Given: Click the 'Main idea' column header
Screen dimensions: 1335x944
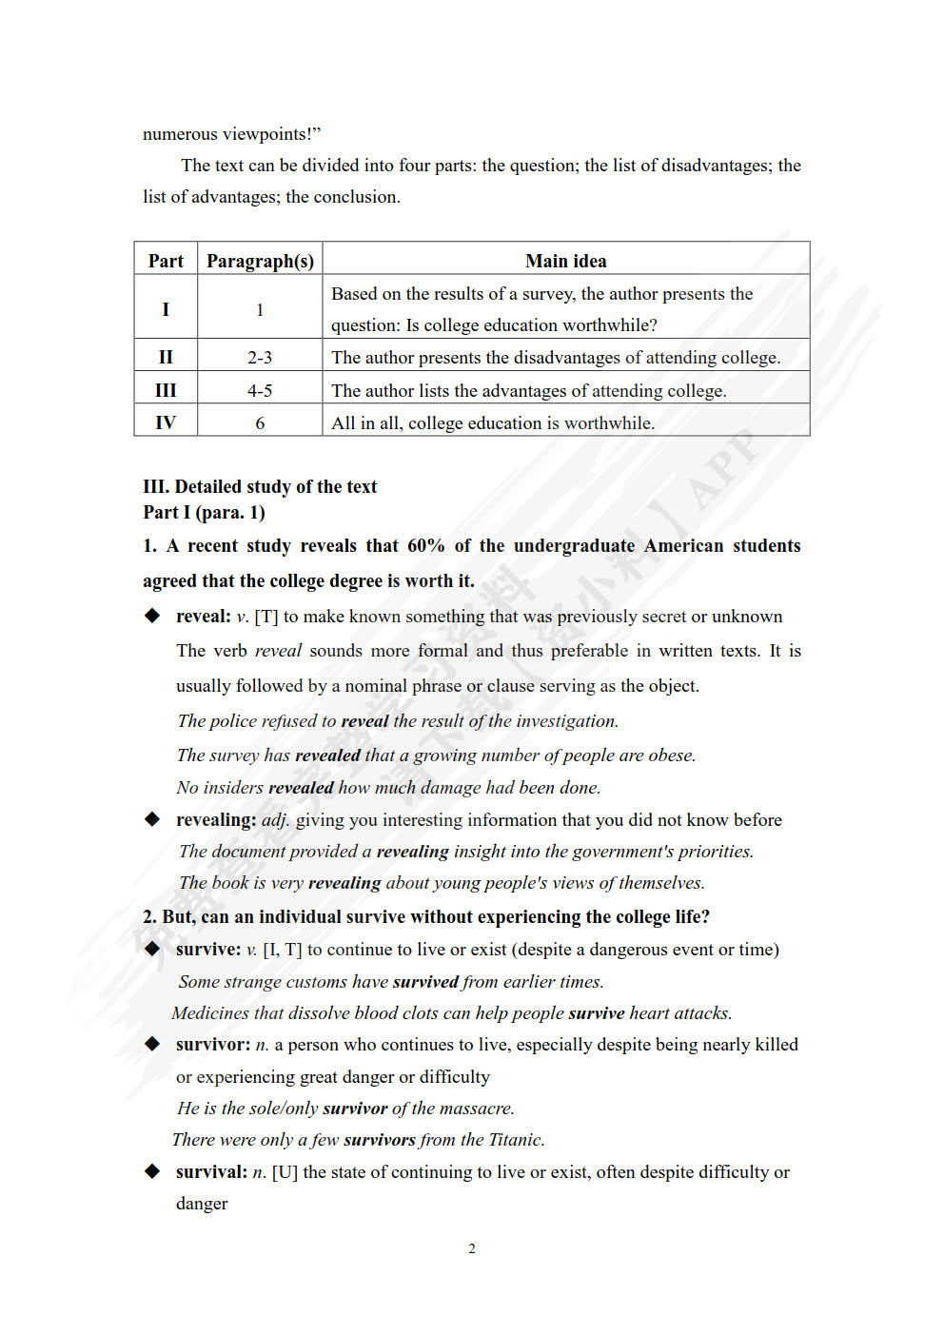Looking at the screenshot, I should click(565, 261).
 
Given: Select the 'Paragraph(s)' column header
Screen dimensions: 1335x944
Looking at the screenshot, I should click(260, 261).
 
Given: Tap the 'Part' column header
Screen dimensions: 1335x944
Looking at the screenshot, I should click(166, 261).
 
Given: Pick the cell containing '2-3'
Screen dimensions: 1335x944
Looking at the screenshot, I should click(260, 357).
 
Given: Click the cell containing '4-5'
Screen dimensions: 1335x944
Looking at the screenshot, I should click(260, 390).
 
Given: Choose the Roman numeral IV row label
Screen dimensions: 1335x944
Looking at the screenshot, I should click(166, 422).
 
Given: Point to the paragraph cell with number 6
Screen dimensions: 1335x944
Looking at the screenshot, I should click(260, 422).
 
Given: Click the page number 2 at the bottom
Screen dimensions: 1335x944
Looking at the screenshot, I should click(472, 1248).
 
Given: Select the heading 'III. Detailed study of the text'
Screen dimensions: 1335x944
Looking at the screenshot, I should click(260, 486).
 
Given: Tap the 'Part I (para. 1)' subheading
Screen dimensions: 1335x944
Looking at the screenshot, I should click(204, 512).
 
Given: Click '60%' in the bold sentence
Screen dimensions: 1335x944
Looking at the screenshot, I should click(425, 545).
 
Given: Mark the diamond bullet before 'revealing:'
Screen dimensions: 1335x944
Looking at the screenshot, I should click(152, 819).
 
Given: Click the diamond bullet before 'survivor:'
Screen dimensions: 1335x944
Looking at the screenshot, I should click(152, 1044).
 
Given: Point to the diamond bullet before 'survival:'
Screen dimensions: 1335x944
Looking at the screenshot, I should click(152, 1171).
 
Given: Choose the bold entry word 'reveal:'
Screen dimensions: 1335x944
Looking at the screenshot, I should click(203, 616).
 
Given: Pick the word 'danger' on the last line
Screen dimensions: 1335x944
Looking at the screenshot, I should click(202, 1204).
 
